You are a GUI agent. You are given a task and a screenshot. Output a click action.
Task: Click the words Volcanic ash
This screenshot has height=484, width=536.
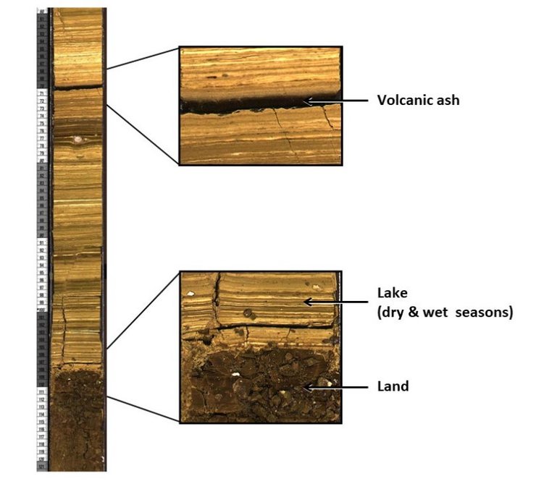point(418,101)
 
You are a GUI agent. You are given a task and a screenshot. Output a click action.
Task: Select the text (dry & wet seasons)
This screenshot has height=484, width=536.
point(445,313)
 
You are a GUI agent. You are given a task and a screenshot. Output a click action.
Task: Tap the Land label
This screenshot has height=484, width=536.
point(393,386)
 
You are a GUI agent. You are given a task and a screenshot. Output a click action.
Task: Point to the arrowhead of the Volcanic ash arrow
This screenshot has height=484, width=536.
point(308,101)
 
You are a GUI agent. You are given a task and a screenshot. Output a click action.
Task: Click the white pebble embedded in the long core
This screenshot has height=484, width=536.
point(78,139)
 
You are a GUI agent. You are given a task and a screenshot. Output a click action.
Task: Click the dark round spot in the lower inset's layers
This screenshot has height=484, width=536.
point(248,313)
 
